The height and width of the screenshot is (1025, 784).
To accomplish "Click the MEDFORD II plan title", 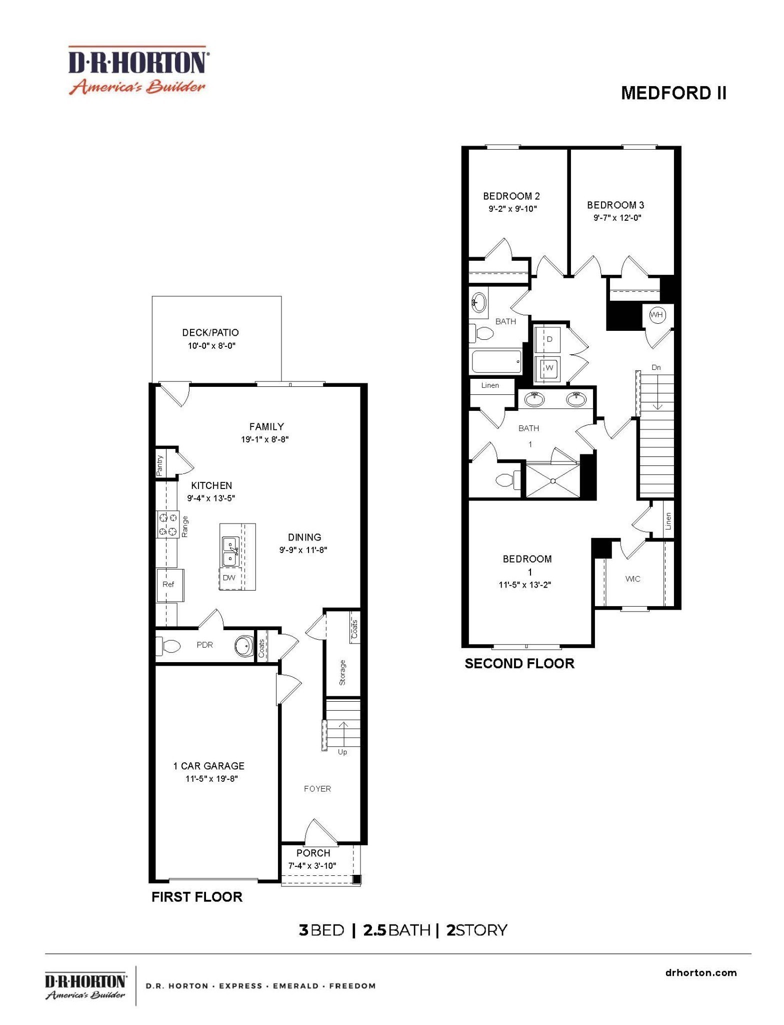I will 673,93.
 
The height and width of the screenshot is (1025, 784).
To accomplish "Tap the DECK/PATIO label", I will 210,333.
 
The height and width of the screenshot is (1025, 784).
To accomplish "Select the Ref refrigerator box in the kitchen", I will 169,585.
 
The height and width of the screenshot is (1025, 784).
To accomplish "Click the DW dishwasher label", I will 229,578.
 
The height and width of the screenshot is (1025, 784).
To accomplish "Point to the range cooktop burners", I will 168,524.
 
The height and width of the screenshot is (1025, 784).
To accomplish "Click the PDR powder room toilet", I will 169,646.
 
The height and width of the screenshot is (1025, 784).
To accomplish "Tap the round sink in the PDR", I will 244,646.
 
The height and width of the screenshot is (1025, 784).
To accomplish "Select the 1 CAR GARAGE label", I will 208,766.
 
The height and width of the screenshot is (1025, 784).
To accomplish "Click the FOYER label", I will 317,789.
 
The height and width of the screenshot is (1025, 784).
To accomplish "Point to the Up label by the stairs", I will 342,752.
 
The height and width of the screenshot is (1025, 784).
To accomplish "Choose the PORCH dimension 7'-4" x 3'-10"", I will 312,865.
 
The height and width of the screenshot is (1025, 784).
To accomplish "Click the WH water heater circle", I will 656,315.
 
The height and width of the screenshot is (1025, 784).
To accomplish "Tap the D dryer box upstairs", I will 549,339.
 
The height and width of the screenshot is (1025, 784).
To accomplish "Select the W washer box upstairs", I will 549,368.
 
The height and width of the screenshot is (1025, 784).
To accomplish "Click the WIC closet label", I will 632,579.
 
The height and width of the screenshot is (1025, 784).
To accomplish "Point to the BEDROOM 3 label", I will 615,205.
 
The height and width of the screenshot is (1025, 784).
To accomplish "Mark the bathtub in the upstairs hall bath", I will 496,361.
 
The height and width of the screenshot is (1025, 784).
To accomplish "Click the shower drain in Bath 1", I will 553,481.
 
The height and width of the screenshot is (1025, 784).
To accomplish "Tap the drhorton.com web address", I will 701,973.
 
